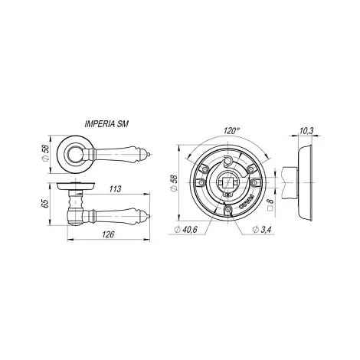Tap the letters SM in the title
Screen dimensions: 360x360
coord(123,124)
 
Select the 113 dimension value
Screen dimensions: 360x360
coord(115,189)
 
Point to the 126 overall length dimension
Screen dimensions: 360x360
coord(108,234)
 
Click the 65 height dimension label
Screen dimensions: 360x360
coord(44,203)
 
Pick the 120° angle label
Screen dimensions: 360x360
coord(231,131)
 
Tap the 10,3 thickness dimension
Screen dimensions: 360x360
coord(306,131)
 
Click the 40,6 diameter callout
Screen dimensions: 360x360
coord(185,230)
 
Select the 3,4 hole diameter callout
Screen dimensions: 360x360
coord(261,230)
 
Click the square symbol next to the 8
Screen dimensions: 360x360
coord(270,208)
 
